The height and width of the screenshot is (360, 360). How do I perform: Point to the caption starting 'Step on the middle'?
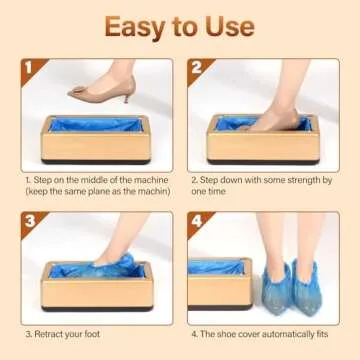(95, 183)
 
